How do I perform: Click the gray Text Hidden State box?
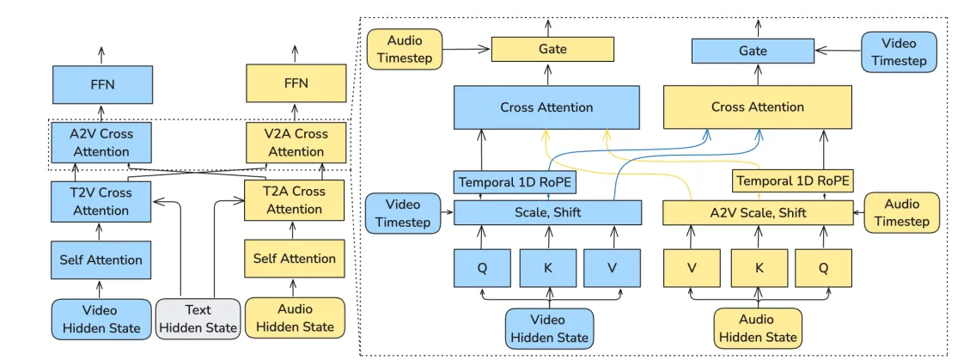pyautogui.click(x=198, y=318)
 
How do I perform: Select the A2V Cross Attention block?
pyautogui.click(x=101, y=143)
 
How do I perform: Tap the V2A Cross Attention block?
pyautogui.click(x=296, y=143)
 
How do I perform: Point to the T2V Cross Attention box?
pyautogui.click(x=101, y=201)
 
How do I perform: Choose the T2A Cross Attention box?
pyautogui.click(x=295, y=200)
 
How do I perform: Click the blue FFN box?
pyautogui.click(x=101, y=85)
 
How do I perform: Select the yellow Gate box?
pyautogui.click(x=552, y=49)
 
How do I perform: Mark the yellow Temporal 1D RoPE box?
pyautogui.click(x=792, y=181)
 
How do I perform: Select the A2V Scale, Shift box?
pyautogui.click(x=758, y=213)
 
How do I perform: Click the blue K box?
pyautogui.click(x=547, y=268)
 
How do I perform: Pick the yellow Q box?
pyautogui.click(x=823, y=268)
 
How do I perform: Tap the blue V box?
pyautogui.click(x=612, y=268)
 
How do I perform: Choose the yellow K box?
pyautogui.click(x=759, y=268)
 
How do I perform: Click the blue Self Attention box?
pyautogui.click(x=101, y=259)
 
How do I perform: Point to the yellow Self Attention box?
pyautogui.click(x=295, y=259)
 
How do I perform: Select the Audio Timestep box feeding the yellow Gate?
pyautogui.click(x=405, y=50)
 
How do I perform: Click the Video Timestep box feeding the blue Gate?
pyautogui.click(x=899, y=52)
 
